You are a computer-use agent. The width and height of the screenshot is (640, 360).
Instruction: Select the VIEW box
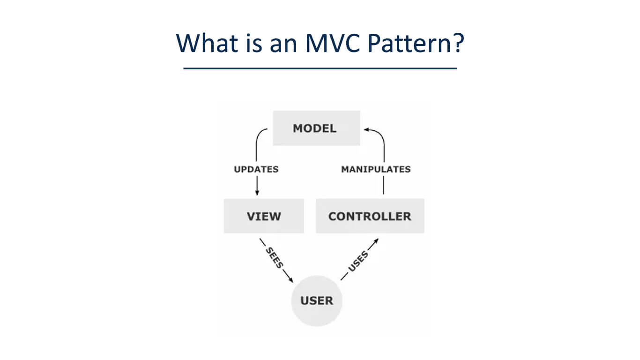[264, 216]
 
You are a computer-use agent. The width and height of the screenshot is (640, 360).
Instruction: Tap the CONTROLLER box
[370, 216]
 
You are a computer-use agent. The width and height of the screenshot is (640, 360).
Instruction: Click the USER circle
[317, 300]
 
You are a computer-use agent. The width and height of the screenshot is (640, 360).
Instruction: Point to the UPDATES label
[256, 169]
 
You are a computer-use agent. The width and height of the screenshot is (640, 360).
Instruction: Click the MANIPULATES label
[376, 169]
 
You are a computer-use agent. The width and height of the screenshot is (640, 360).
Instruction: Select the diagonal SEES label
[274, 257]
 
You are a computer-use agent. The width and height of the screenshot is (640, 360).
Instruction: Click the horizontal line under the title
[320, 68]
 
